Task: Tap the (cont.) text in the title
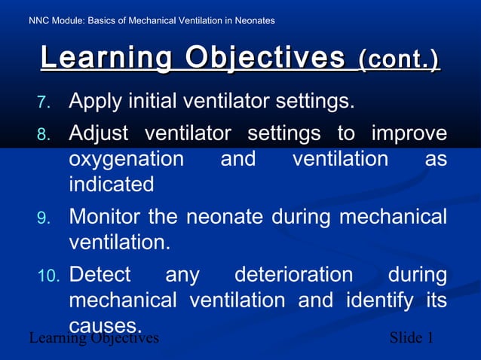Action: click(x=399, y=59)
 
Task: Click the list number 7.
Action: click(x=44, y=102)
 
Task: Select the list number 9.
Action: click(x=44, y=218)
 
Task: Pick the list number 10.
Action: click(x=47, y=276)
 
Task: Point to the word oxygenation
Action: click(x=126, y=160)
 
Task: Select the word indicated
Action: click(x=111, y=184)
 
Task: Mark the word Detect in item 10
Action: click(x=100, y=274)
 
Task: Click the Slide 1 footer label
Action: click(x=411, y=337)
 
